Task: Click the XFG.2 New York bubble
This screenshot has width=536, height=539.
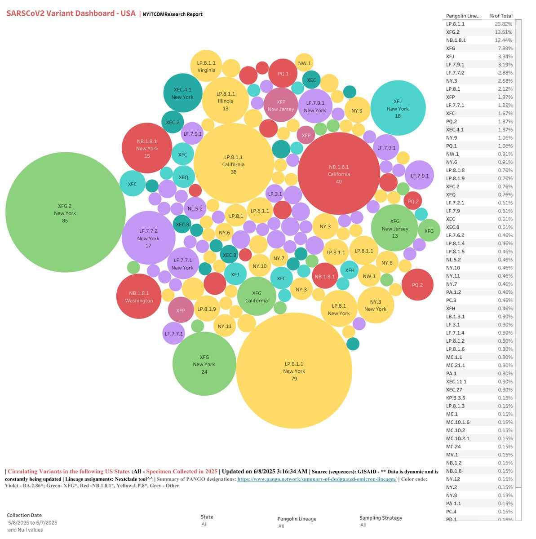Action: click(x=65, y=212)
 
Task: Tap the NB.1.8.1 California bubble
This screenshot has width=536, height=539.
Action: click(x=339, y=173)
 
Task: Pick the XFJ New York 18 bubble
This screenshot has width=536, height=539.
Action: click(x=398, y=108)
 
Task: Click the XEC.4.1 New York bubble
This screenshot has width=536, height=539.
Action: click(x=182, y=93)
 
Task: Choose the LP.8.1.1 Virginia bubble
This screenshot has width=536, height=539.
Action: click(x=206, y=66)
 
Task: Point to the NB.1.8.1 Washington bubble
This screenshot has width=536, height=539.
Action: click(x=139, y=296)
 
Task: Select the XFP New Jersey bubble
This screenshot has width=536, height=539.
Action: click(x=281, y=105)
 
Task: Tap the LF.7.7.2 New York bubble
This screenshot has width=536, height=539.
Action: click(x=148, y=238)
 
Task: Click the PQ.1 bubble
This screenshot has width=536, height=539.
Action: click(x=283, y=73)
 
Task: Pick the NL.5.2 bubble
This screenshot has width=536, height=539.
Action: click(x=195, y=208)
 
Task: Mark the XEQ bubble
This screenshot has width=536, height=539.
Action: click(x=183, y=177)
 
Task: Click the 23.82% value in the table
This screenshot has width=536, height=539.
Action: click(x=503, y=24)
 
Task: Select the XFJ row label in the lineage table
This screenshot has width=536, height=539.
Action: click(x=450, y=57)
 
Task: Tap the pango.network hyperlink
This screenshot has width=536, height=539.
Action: click(x=317, y=479)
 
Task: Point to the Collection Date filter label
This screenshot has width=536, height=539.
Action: click(x=24, y=515)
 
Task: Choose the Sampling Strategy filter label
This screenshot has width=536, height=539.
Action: click(x=381, y=517)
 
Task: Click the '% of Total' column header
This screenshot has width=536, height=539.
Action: click(x=501, y=16)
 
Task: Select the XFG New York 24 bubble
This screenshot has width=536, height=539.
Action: click(x=204, y=364)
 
